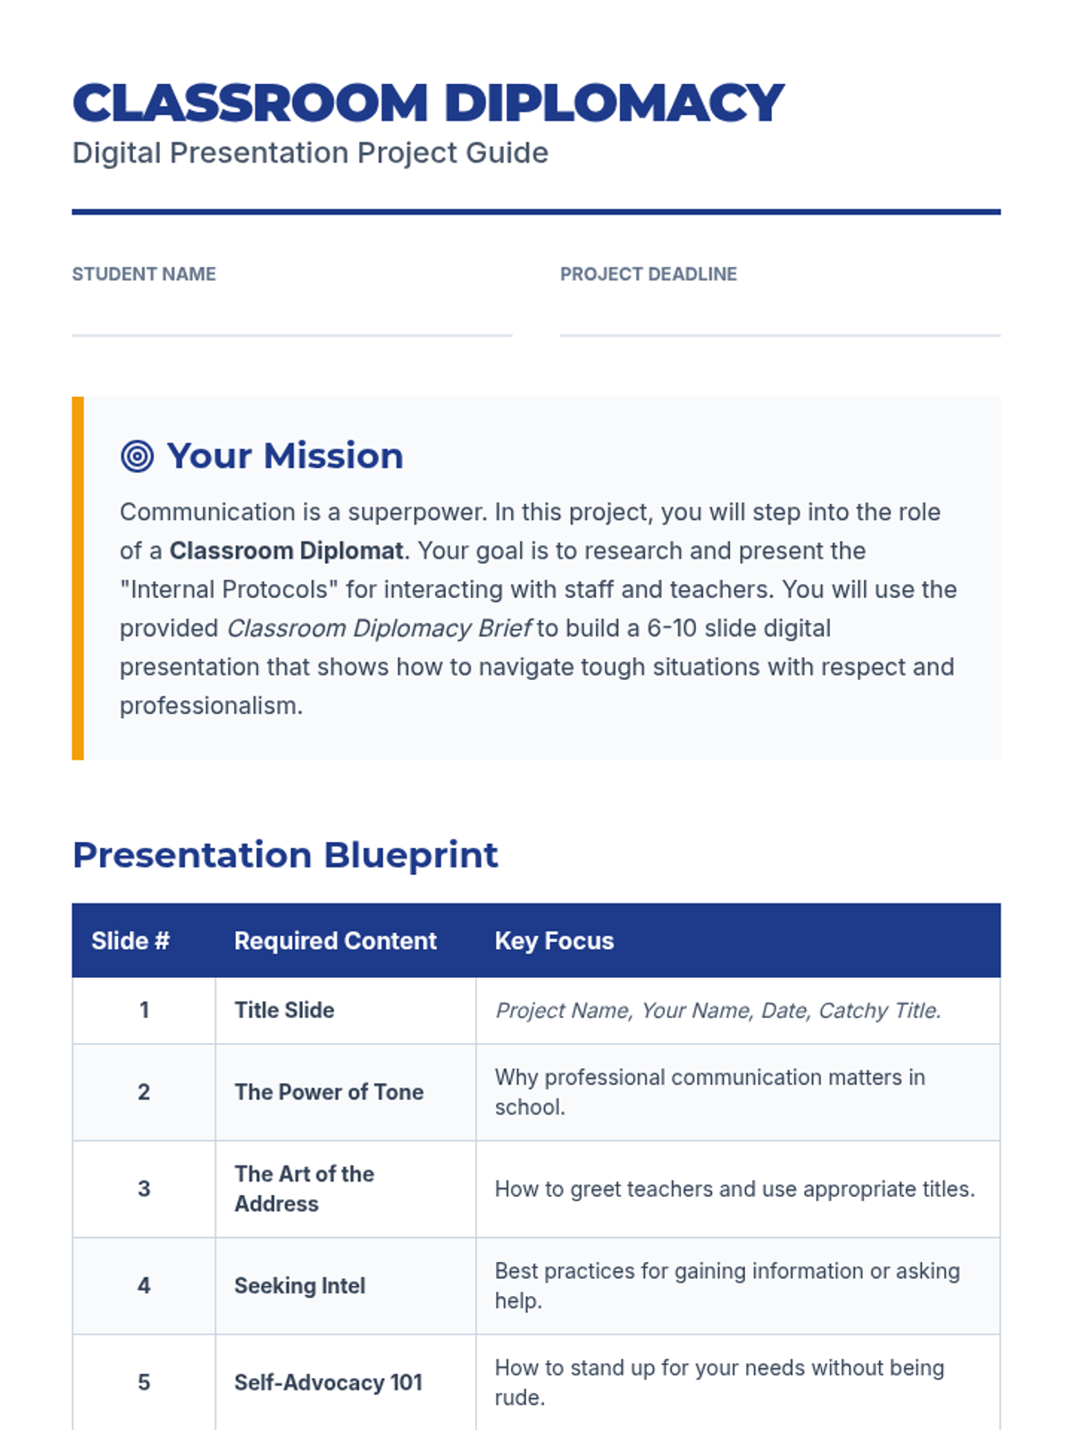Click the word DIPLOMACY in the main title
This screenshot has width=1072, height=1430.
615,103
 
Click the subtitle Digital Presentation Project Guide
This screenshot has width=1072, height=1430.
311,153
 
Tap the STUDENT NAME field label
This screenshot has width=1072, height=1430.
144,273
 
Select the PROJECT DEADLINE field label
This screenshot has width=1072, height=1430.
649,273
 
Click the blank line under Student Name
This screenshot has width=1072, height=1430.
292,335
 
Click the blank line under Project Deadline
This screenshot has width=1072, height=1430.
781,335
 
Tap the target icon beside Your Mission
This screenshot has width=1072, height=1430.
138,456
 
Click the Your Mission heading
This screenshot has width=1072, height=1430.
285,456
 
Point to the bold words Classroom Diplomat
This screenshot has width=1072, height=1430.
287,551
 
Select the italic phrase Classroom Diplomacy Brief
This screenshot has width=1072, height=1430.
380,628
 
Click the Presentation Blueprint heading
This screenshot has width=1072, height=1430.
285,855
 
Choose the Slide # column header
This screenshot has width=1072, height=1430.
130,941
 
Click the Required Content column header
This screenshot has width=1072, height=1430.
335,941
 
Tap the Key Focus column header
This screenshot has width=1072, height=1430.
554,941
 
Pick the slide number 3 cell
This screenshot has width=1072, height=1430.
144,1189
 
